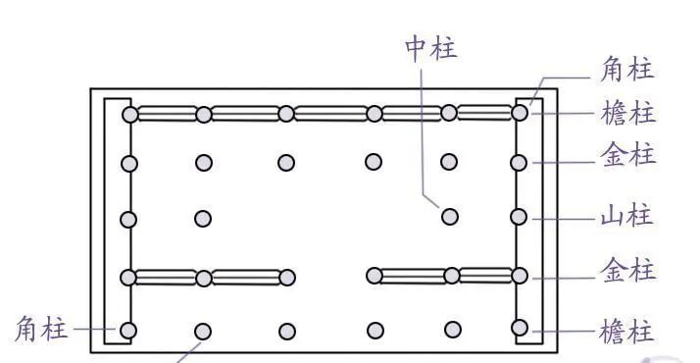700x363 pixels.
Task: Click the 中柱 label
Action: tap(431, 49)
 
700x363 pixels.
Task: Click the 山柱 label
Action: tap(626, 216)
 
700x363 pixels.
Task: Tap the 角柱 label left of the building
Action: tap(41, 330)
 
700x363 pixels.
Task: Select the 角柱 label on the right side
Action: tap(626, 70)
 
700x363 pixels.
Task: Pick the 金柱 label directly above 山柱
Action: tap(626, 155)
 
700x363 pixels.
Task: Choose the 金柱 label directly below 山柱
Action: tap(626, 271)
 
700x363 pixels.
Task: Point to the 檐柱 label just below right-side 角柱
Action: tap(626, 113)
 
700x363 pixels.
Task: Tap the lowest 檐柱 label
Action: tap(626, 332)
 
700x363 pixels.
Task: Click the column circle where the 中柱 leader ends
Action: tap(449, 216)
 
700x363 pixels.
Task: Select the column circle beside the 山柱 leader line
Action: tap(520, 216)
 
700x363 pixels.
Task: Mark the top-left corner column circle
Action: tap(129, 115)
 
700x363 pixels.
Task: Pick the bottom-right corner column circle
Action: tap(520, 328)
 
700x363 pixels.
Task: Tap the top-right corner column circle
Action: tap(520, 113)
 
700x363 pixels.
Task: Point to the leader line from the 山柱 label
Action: tap(563, 217)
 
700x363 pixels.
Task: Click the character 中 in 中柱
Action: tap(418, 49)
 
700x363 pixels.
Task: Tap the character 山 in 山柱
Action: tap(613, 216)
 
